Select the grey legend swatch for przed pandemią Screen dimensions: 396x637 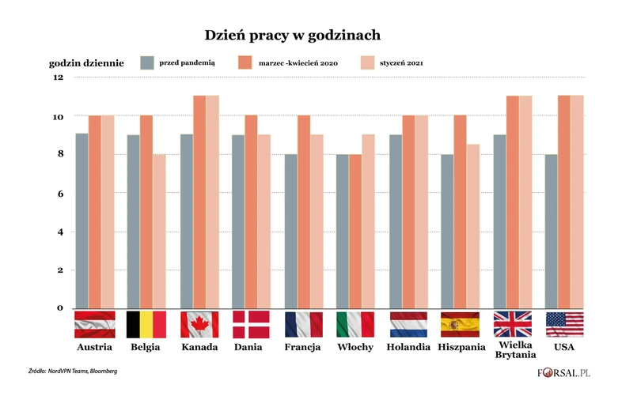click(146, 62)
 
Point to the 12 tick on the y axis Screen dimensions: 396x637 click(57, 77)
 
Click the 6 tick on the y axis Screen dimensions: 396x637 click(59, 193)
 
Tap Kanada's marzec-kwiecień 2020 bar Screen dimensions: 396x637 click(199, 202)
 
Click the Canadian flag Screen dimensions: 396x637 click(199, 324)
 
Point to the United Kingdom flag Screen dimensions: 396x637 click(513, 324)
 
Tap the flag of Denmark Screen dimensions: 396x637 click(252, 324)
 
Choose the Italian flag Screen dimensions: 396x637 click(356, 324)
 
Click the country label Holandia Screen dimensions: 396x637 click(408, 347)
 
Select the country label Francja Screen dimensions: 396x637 click(304, 347)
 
